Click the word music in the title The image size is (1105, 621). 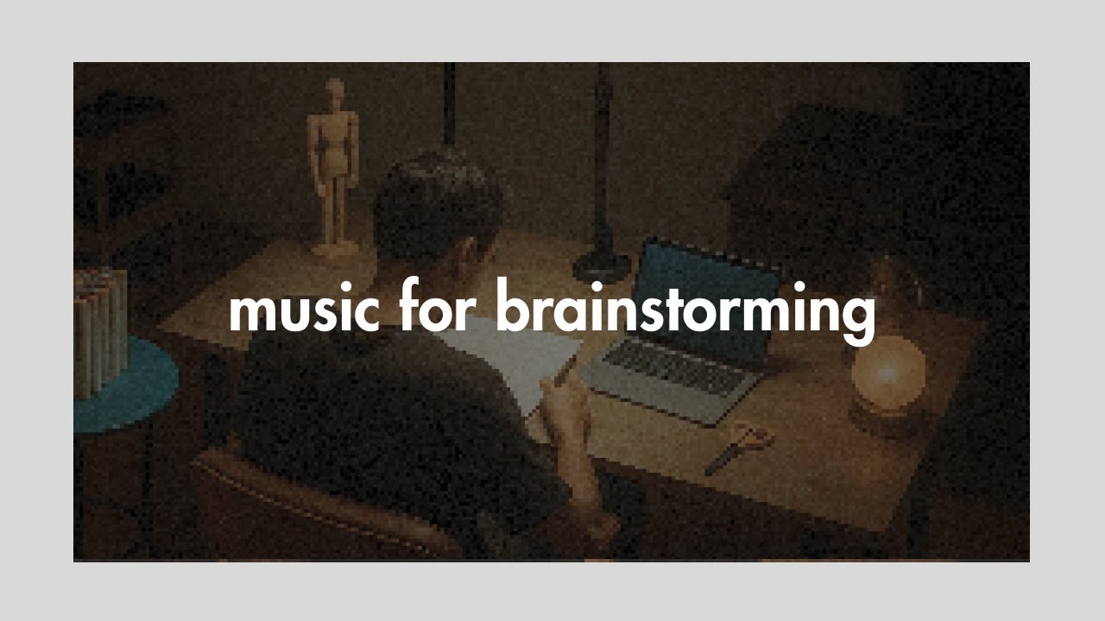click(x=304, y=310)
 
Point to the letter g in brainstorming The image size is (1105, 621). click(x=858, y=317)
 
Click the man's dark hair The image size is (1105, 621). click(x=436, y=203)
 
